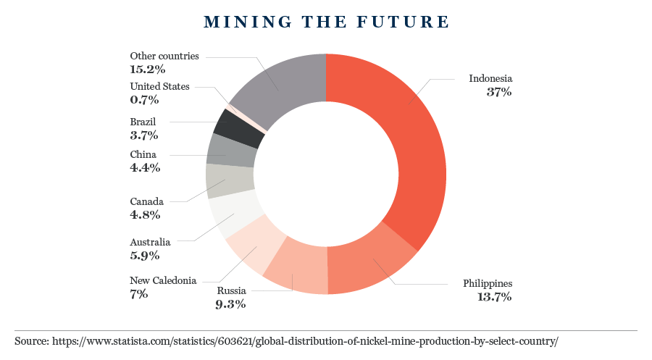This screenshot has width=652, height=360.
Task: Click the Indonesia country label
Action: point(490,78)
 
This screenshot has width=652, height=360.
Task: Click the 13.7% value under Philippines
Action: point(494,296)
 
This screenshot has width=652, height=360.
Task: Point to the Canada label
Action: point(147,201)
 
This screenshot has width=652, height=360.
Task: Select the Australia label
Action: point(150,241)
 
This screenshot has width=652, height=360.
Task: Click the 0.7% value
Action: point(144,100)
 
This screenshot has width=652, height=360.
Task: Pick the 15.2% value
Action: point(148,70)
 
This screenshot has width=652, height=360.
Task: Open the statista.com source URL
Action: point(304,340)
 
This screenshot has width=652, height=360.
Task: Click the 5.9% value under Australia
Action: point(144,255)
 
